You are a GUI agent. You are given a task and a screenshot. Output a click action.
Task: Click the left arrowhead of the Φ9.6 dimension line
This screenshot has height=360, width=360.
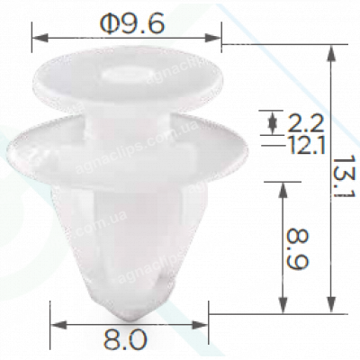(37, 39)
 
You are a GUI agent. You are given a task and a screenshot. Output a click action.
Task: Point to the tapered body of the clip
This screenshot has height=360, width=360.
(126, 234)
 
